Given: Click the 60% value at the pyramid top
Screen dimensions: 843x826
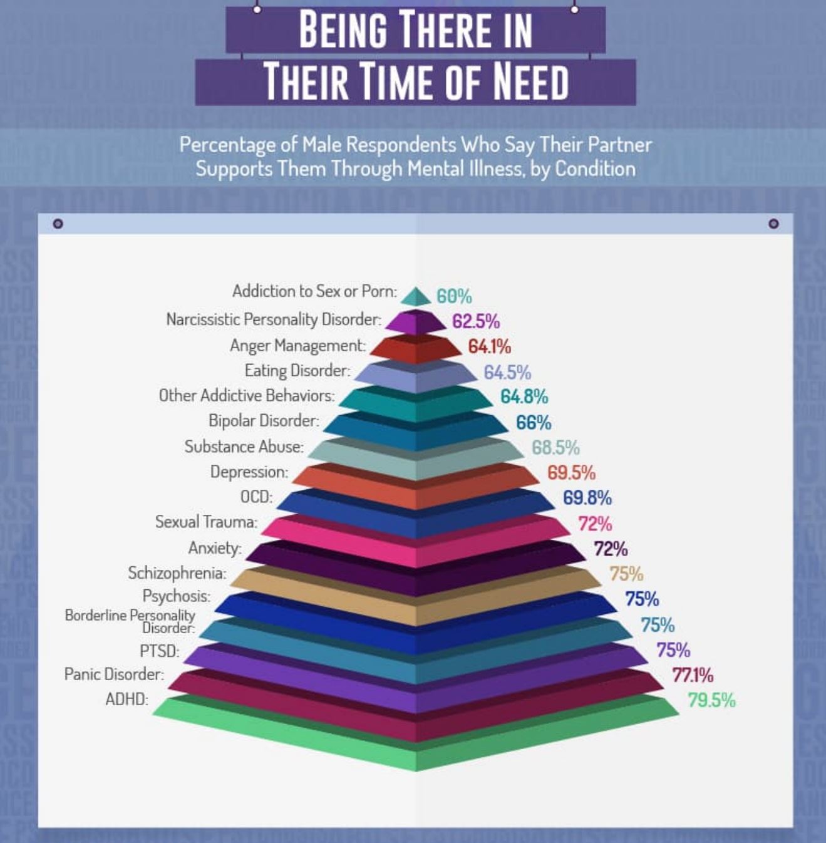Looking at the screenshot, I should [x=454, y=296].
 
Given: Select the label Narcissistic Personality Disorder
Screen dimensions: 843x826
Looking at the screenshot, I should [x=273, y=319].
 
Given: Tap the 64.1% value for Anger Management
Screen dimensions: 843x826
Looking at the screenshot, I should [x=489, y=346].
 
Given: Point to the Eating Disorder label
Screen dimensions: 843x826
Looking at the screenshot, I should [x=297, y=371].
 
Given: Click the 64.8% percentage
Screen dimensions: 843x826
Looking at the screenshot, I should [x=524, y=396].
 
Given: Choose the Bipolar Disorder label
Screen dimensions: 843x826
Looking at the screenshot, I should [x=264, y=421].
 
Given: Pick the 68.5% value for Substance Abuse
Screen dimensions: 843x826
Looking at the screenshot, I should [x=555, y=448].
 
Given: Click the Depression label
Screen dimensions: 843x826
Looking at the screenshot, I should [x=249, y=472].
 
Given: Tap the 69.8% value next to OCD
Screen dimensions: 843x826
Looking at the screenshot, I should [x=587, y=498].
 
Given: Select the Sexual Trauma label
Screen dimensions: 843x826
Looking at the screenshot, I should [x=206, y=522].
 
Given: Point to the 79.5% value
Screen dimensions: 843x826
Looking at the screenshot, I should [x=711, y=700].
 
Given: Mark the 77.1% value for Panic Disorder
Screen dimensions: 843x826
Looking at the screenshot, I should [x=693, y=675].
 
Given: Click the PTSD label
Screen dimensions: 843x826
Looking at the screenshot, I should [x=159, y=651].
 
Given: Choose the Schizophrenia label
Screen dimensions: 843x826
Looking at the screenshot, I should [x=177, y=573].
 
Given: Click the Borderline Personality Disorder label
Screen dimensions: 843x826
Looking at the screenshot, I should [x=130, y=621].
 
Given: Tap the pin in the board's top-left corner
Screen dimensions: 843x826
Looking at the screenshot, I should [x=58, y=224].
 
